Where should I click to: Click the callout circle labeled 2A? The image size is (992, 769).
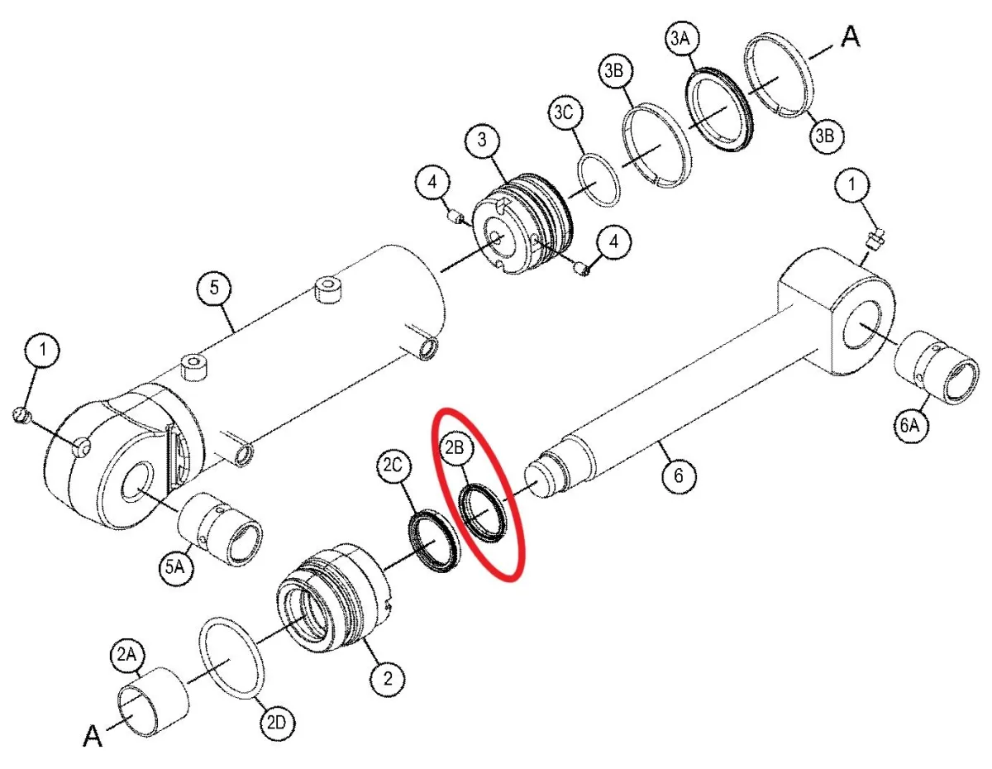pos(127,655)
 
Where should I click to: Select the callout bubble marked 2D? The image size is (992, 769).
pos(277,723)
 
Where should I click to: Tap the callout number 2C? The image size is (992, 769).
pos(393,465)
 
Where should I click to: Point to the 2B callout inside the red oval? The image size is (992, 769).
pos(455,447)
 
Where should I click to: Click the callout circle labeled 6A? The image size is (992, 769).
pos(910,426)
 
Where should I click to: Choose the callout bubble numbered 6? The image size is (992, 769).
pos(679,475)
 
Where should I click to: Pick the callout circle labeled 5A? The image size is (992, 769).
pos(176,567)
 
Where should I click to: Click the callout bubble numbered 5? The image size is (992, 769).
pos(214,288)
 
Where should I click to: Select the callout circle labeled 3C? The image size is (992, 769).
pos(565,112)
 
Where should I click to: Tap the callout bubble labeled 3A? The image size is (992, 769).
pos(680,38)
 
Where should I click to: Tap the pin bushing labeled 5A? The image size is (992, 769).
pos(220,529)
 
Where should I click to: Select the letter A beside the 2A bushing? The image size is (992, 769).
pos(93,736)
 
